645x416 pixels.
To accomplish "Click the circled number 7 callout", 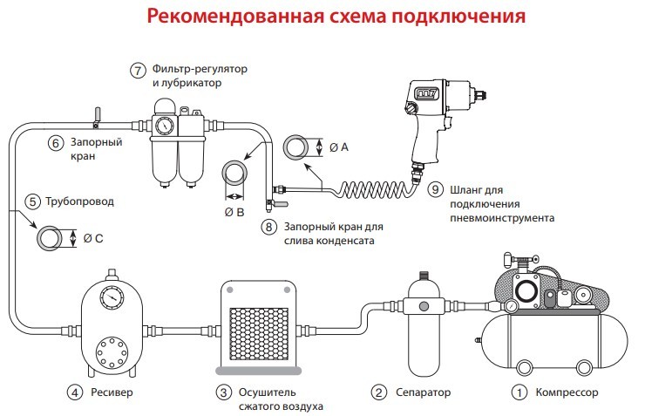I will (x=138, y=71).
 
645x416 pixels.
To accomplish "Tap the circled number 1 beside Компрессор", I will (x=520, y=392).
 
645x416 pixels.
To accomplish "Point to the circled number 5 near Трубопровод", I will (x=33, y=201).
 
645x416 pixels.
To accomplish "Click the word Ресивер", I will (x=114, y=392).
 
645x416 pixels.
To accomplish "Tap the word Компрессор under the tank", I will (x=567, y=392).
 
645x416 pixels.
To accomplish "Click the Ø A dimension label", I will (x=339, y=147).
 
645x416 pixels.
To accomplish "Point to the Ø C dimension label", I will (x=92, y=236).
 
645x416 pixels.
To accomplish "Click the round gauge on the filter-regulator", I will (x=162, y=126).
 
